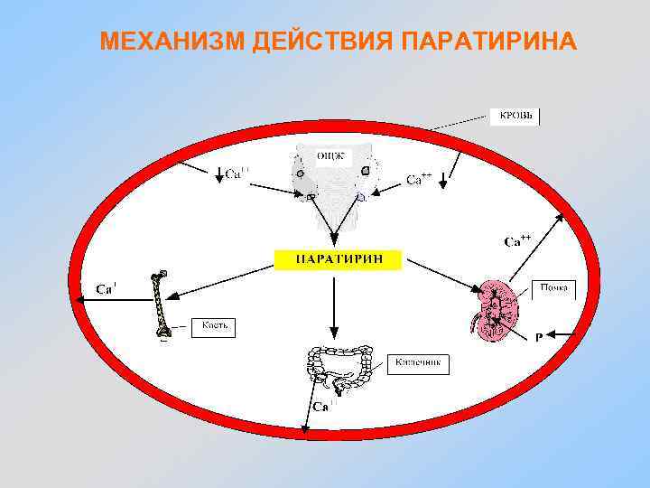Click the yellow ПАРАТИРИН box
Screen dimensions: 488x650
point(338,258)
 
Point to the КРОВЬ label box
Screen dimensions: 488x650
point(515,117)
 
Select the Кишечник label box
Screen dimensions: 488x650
point(418,364)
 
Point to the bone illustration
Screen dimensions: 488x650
point(162,305)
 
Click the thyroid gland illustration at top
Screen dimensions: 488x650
point(330,176)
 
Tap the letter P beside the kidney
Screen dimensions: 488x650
point(539,337)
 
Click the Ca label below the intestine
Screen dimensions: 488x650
point(321,407)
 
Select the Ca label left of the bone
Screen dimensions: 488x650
point(107,289)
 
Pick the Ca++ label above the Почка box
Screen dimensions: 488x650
point(517,240)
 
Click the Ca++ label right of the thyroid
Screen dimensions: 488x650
point(418,179)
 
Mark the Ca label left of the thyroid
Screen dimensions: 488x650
point(237,173)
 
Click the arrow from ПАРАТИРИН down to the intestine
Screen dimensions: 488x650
point(334,307)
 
